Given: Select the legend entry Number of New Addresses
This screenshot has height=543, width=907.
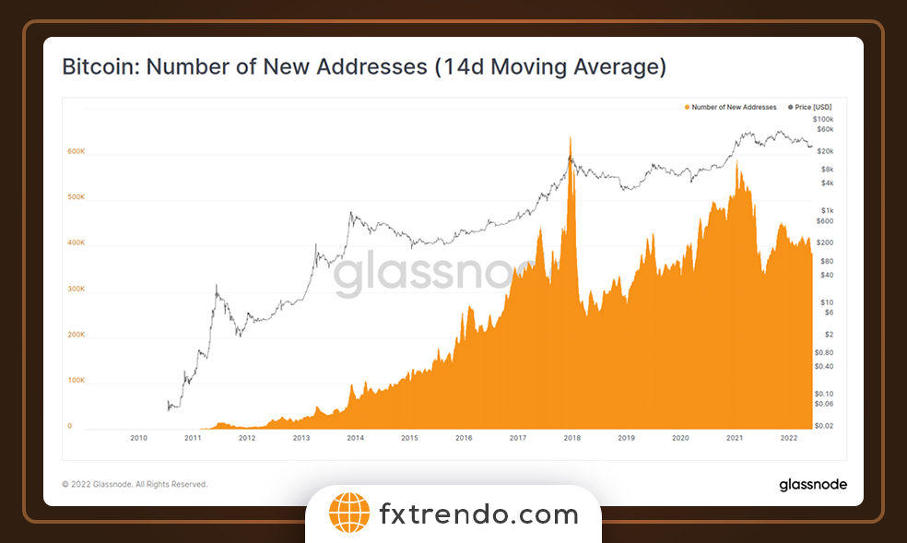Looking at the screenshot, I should pos(731,108).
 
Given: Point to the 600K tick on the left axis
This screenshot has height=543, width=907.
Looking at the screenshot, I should pos(76,151).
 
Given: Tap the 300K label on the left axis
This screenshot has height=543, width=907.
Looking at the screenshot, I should pos(76,289).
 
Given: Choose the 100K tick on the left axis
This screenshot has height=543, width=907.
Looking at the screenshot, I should pos(76,380).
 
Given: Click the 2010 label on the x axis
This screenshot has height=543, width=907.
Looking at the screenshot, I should pos(138,439).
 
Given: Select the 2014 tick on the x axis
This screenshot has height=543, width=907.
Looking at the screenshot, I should pos(355,439).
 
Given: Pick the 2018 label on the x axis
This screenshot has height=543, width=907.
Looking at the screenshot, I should pos(571,439).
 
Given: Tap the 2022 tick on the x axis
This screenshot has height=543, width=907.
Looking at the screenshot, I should pos(789,439).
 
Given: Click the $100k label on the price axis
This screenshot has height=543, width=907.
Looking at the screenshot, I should pos(823,120).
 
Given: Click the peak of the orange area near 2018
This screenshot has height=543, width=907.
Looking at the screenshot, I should pos(571,136).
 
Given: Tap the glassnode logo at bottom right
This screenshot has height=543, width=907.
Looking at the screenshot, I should pos(812,484).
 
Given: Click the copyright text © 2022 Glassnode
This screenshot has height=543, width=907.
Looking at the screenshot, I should pos(135,484).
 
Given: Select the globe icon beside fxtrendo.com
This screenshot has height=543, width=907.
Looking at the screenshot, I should pos(348,513).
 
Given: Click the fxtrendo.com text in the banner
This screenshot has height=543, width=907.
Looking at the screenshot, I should pos(478,514).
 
